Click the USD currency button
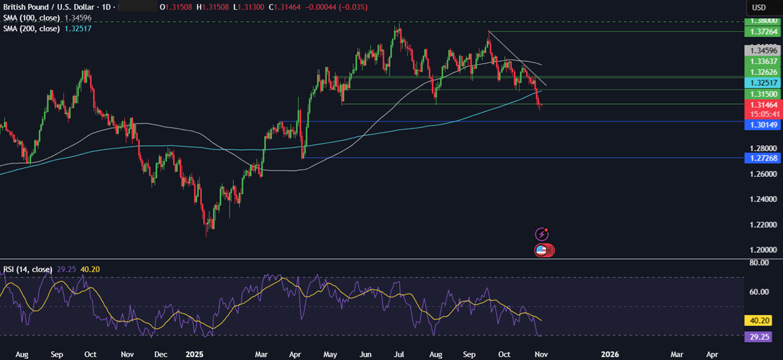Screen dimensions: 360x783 click(759, 7)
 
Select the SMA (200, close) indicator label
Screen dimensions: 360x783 click(30, 29)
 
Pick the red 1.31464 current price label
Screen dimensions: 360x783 click(760, 104)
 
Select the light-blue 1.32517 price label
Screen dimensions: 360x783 click(760, 83)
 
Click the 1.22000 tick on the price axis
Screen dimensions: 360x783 click(760, 225)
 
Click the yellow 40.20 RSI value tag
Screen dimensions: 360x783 click(760, 320)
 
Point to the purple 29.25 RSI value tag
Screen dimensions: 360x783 click(760, 336)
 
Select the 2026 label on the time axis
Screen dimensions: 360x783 click(609, 354)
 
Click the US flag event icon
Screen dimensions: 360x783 click(541, 250)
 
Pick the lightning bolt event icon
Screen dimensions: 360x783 click(543, 234)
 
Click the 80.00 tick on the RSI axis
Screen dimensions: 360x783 click(759, 263)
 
